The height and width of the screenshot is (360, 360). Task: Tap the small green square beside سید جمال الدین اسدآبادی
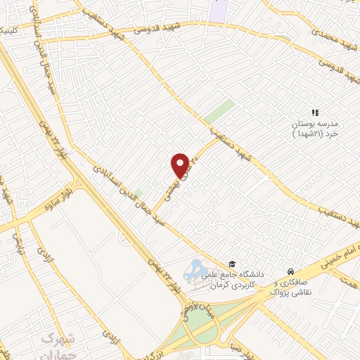139,193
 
